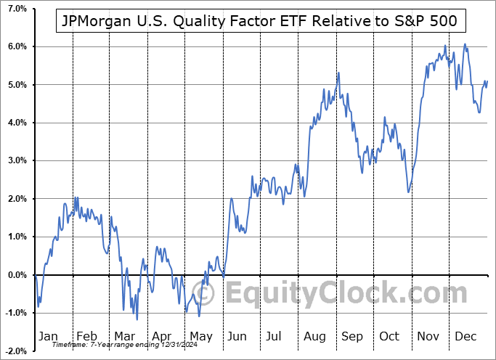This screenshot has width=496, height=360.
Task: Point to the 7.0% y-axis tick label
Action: [x=16, y=9]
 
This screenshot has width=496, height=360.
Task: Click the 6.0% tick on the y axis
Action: [x=16, y=46]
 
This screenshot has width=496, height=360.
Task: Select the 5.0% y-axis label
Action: [x=16, y=85]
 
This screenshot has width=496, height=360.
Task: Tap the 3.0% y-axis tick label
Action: [x=16, y=161]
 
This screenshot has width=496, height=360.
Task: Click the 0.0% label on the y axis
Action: [x=16, y=275]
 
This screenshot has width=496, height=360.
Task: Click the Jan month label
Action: [x=47, y=336]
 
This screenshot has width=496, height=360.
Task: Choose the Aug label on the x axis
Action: [x=314, y=336]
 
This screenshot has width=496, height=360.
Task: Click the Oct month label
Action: [x=390, y=336]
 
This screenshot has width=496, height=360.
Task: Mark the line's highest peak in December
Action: [x=465, y=44]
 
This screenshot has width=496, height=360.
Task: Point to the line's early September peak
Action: [x=338, y=73]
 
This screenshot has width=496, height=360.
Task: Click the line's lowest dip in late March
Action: [x=137, y=319]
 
